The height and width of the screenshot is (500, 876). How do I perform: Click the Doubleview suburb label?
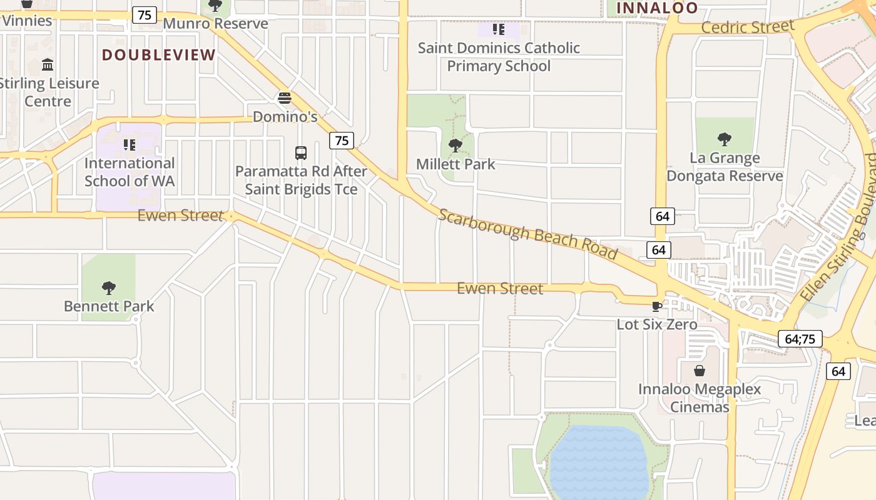click(x=159, y=55)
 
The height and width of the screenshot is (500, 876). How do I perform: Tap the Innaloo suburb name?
click(x=657, y=8)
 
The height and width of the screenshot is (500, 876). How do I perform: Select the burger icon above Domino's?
click(x=285, y=98)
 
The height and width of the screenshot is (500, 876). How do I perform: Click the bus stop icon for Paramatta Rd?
click(x=301, y=152)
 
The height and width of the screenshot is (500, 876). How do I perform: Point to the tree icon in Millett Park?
click(x=456, y=146)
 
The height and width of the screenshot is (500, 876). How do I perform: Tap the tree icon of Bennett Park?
click(x=109, y=288)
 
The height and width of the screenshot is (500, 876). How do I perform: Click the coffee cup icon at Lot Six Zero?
click(x=656, y=306)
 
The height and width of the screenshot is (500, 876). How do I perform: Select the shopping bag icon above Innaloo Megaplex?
click(x=699, y=371)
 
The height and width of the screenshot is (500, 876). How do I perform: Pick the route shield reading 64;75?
click(x=800, y=339)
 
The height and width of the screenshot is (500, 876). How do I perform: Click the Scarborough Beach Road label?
click(x=527, y=233)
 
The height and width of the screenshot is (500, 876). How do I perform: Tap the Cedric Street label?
click(x=748, y=27)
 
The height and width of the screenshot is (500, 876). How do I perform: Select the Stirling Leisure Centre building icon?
click(x=48, y=65)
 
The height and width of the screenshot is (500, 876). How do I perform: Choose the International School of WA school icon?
click(x=130, y=145)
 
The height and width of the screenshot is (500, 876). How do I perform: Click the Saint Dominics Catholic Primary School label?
click(x=499, y=57)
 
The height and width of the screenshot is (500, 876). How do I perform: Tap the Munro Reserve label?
click(x=215, y=24)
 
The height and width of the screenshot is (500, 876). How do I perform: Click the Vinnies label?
click(x=26, y=21)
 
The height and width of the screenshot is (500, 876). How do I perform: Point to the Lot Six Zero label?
click(x=656, y=324)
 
